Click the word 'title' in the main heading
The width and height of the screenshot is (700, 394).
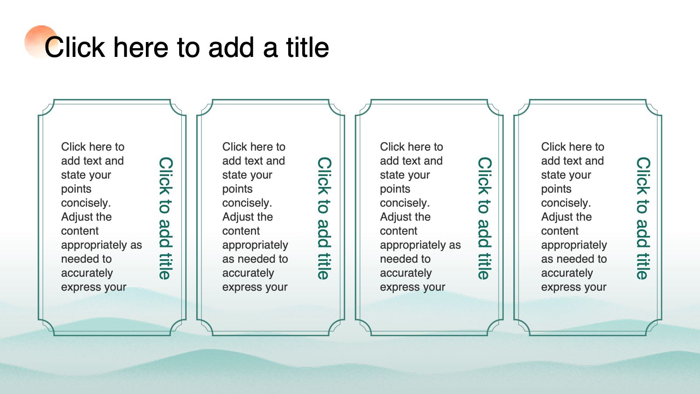click(308, 47)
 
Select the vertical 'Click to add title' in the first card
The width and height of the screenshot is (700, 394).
click(166, 218)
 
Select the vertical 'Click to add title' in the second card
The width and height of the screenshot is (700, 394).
click(325, 218)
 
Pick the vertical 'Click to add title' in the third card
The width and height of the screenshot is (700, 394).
click(484, 218)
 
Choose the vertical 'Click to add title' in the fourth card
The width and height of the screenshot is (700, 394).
click(643, 218)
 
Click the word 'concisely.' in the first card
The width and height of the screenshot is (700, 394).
click(86, 203)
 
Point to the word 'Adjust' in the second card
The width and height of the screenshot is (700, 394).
click(237, 217)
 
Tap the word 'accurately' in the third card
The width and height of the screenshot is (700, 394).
click(406, 273)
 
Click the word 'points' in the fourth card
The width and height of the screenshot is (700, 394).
click(556, 189)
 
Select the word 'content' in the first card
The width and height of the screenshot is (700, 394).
click(80, 231)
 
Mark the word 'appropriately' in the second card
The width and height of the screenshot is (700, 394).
click(255, 245)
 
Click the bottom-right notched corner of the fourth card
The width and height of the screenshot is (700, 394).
click(654, 327)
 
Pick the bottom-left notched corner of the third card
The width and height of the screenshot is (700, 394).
click(364, 327)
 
